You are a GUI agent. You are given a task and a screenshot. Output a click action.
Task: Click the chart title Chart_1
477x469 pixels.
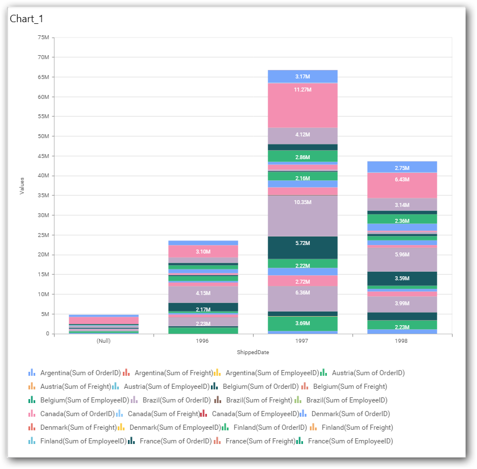click(x=27, y=19)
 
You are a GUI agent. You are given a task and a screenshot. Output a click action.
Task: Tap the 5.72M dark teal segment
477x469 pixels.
click(x=302, y=247)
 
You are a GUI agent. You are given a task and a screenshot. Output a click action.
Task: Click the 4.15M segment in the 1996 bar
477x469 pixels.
click(x=203, y=294)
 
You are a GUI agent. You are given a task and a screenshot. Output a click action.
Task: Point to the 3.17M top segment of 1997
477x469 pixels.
click(x=302, y=76)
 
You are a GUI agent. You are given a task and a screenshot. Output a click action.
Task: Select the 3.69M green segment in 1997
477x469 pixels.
click(x=302, y=323)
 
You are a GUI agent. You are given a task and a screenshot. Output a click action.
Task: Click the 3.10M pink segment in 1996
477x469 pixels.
click(x=203, y=251)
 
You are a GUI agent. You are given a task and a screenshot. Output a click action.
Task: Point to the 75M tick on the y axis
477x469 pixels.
click(x=43, y=38)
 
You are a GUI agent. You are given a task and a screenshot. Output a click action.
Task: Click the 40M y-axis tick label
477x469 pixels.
click(x=43, y=176)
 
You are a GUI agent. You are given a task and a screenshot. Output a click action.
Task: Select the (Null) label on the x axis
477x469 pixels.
click(x=104, y=341)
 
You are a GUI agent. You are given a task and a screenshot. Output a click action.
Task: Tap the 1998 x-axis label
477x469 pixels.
click(x=401, y=341)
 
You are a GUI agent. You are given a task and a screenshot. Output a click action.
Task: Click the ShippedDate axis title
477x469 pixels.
click(x=252, y=352)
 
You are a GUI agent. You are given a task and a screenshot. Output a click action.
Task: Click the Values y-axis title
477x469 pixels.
click(x=22, y=186)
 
